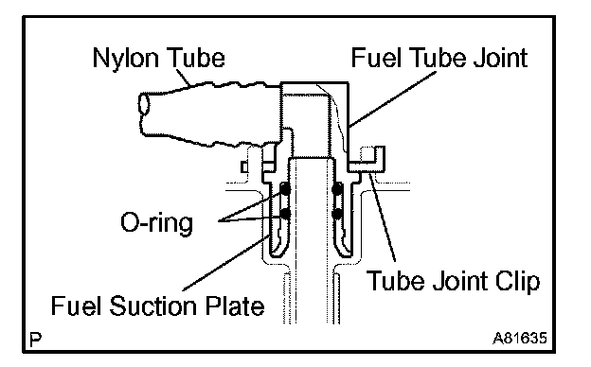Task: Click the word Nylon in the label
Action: pyautogui.click(x=125, y=59)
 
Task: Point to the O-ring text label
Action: pyautogui.click(x=156, y=223)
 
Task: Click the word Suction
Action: pyautogui.click(x=153, y=306)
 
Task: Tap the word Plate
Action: pyautogui.click(x=235, y=306)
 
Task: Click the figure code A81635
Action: pyautogui.click(x=520, y=338)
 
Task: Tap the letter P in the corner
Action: pyautogui.click(x=35, y=340)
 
